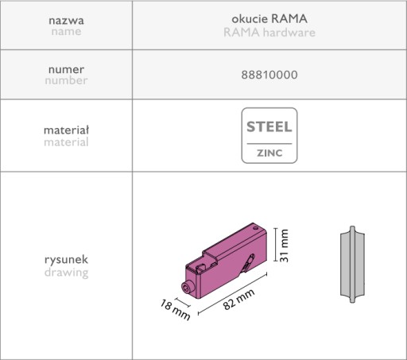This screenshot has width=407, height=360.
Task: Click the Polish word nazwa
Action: (66, 21)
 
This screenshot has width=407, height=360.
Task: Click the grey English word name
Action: (66, 31)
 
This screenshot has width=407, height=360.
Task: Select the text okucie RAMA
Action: (269, 18)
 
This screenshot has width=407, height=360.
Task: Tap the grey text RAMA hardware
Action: (269, 33)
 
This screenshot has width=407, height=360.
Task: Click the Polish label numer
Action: (66, 69)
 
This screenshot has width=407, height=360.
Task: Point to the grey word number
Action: (66, 80)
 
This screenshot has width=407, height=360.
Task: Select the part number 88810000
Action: (269, 75)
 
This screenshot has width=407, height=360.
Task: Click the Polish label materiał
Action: (66, 130)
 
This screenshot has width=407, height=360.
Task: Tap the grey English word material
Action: (66, 142)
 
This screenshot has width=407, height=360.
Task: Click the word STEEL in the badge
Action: (269, 126)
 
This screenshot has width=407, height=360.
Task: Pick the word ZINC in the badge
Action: (269, 153)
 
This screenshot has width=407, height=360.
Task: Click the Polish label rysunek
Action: (66, 260)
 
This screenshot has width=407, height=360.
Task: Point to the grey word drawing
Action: (66, 273)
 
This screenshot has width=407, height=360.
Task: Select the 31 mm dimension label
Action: (284, 246)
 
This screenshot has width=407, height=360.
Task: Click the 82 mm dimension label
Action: (238, 299)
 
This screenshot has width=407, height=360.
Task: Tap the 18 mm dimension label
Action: (175, 310)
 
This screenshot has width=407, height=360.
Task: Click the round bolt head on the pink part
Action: (188, 287)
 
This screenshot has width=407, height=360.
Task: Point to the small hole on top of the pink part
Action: (255, 228)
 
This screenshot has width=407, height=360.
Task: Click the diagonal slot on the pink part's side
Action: (248, 264)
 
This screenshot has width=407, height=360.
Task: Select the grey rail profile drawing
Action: (352, 264)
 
